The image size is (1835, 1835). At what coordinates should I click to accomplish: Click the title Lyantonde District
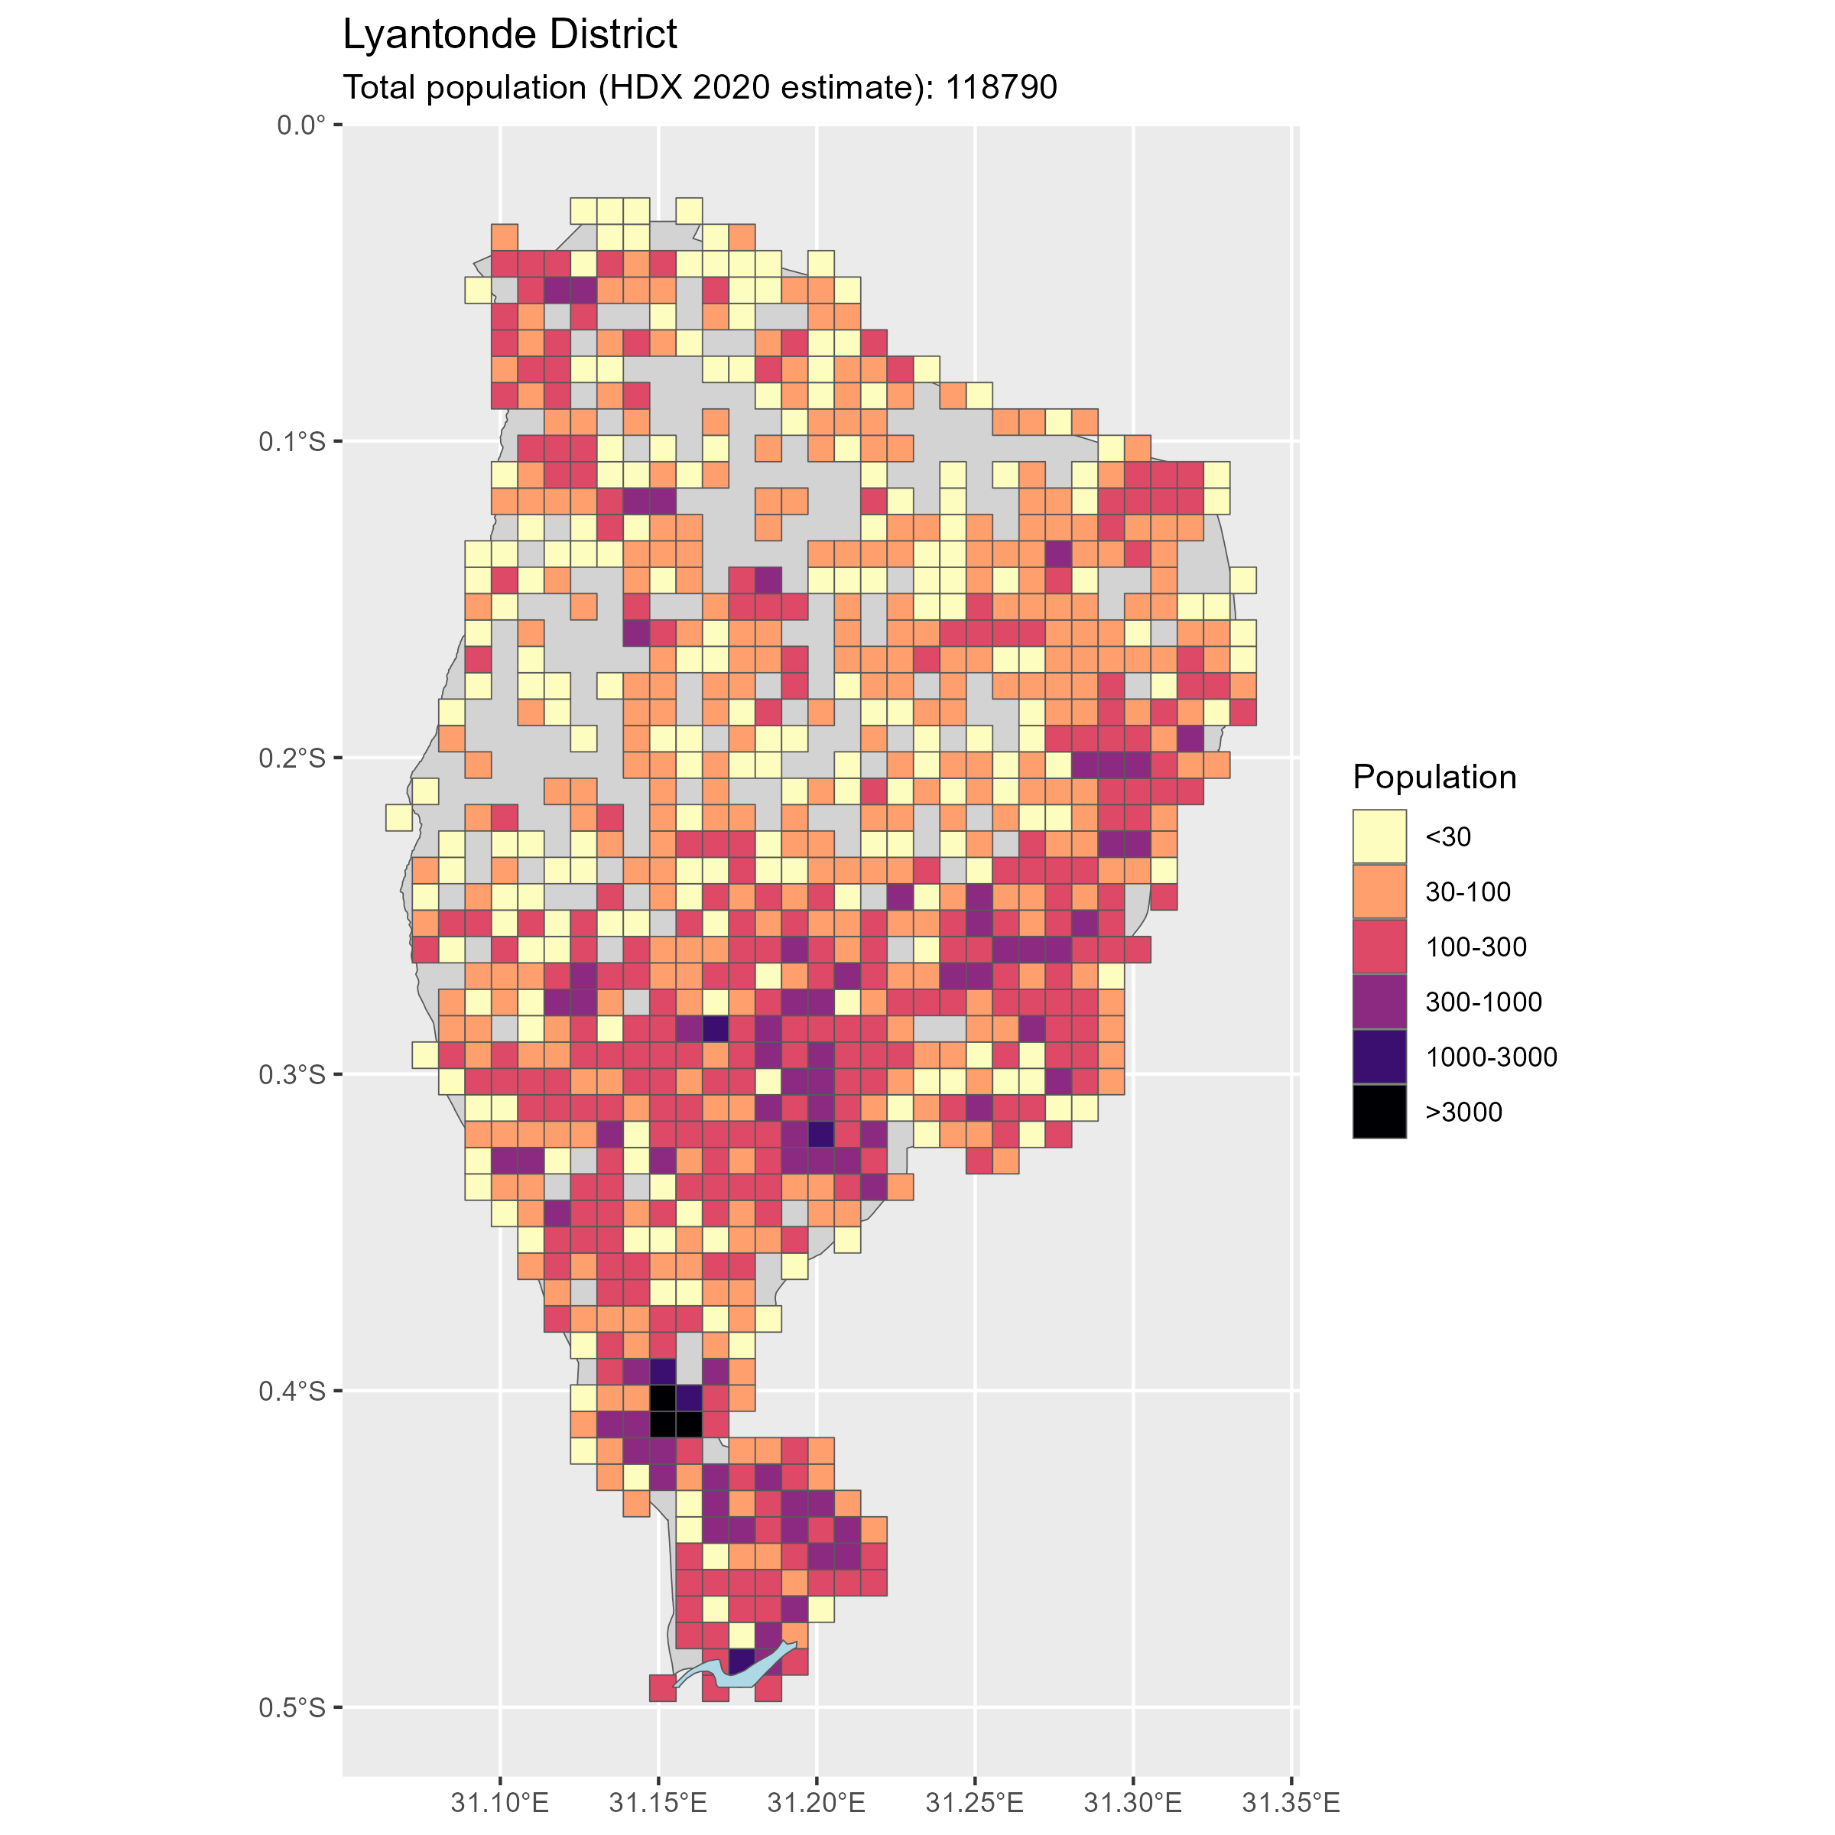tap(509, 35)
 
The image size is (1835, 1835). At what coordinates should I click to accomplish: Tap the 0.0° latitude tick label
tap(301, 125)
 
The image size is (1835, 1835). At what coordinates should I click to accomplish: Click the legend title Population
tap(1434, 777)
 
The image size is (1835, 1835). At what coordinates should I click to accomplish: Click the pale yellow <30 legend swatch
tap(1379, 836)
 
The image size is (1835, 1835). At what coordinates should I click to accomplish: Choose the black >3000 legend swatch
tap(1379, 1111)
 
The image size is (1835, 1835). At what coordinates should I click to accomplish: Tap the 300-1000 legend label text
tap(1483, 1002)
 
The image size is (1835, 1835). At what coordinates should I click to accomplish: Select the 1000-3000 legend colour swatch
tap(1379, 1056)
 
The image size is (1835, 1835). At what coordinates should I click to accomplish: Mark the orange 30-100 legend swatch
tap(1379, 891)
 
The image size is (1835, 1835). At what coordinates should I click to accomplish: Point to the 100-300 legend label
tap(1476, 947)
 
